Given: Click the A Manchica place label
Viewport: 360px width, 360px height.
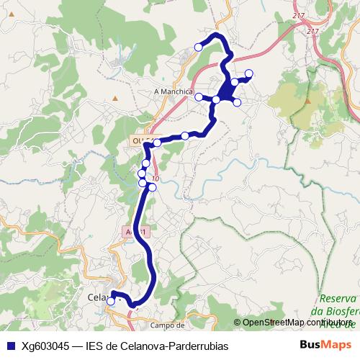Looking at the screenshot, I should [174, 92].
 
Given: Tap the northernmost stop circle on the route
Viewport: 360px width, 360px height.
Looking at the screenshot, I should [199, 48].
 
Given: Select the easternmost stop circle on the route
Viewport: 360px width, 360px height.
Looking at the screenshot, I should [249, 73].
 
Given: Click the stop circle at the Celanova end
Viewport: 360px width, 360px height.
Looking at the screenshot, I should [111, 302].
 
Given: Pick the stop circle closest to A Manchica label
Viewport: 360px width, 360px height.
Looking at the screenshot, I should [199, 96].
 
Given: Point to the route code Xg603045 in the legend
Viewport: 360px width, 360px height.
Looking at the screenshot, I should [48, 346].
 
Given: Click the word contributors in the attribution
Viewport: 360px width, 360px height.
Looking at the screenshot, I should [337, 323].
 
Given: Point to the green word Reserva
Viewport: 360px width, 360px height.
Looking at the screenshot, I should [338, 298].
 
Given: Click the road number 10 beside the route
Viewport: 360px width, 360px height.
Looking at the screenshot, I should [156, 179].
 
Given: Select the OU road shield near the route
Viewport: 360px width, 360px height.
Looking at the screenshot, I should [139, 140].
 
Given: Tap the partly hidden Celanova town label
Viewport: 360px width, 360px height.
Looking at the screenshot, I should [97, 297].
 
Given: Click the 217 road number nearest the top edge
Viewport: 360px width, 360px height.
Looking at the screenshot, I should [300, 15].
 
